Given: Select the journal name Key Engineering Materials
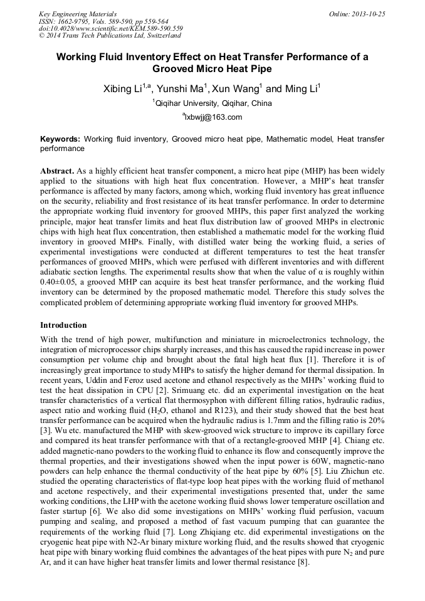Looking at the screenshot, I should (x=78, y=14).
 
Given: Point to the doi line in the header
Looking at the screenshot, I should (x=110, y=29).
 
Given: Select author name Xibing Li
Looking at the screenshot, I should (x=123, y=89).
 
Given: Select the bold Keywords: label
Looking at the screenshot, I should (x=60, y=138).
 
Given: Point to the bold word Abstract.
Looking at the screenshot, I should (x=58, y=170).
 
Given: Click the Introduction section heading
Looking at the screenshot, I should (x=63, y=325).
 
